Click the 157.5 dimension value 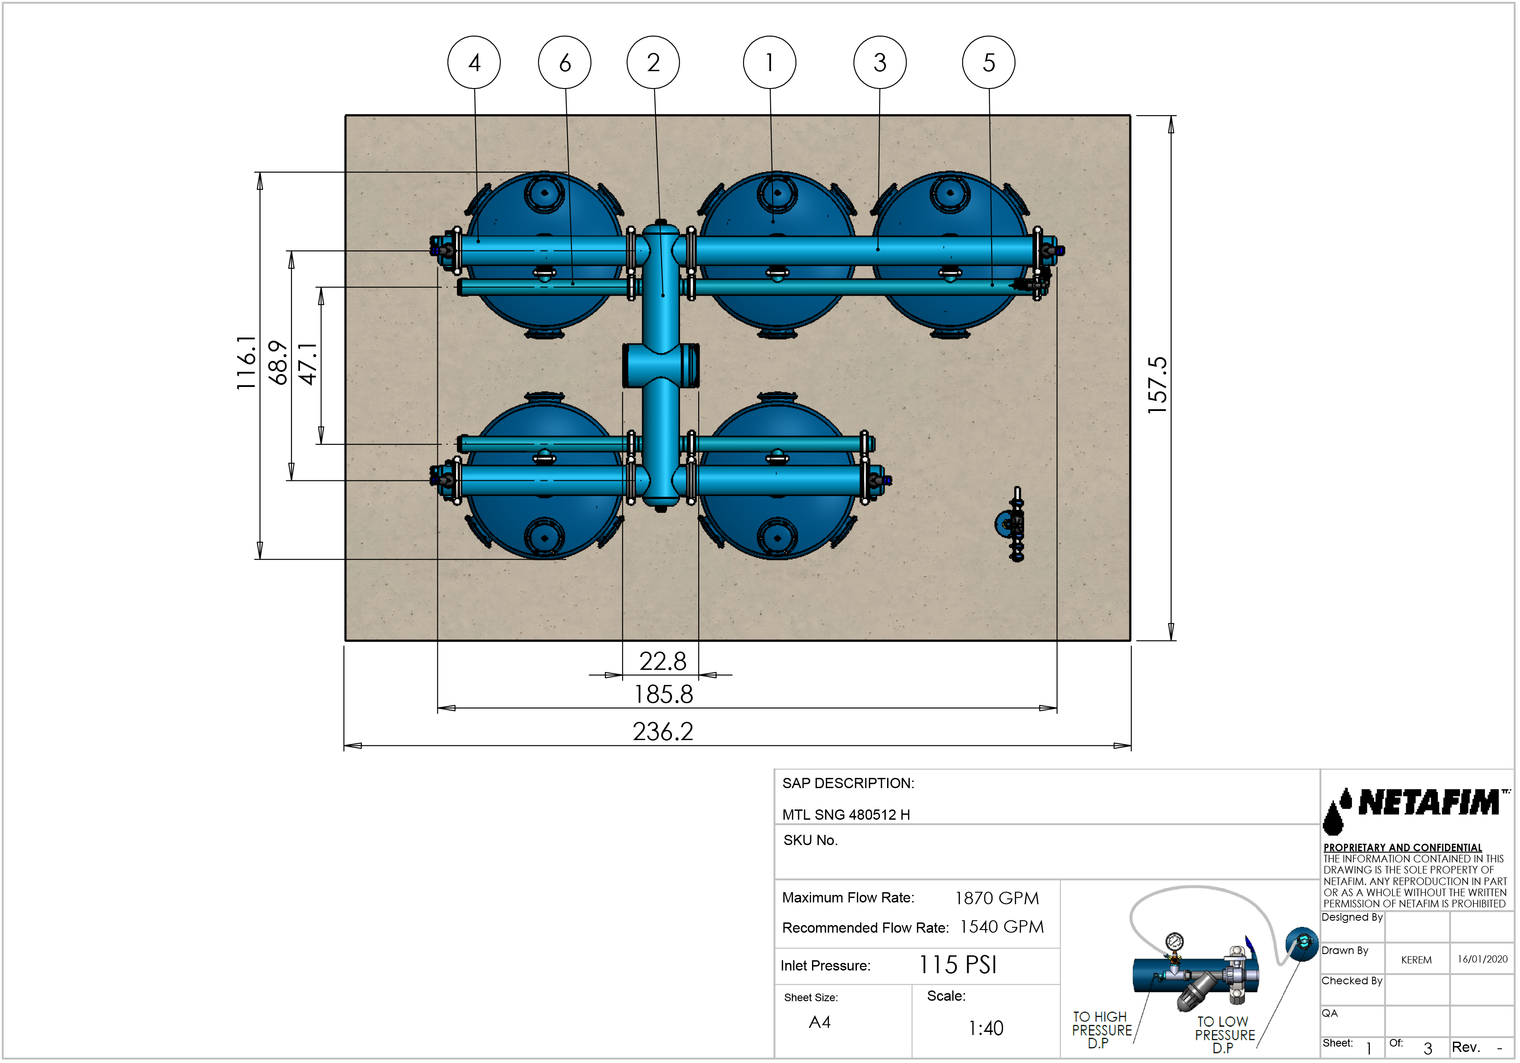(x=1157, y=386)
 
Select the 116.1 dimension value (x=246, y=362)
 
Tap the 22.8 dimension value (x=663, y=661)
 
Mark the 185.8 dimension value (x=664, y=694)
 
